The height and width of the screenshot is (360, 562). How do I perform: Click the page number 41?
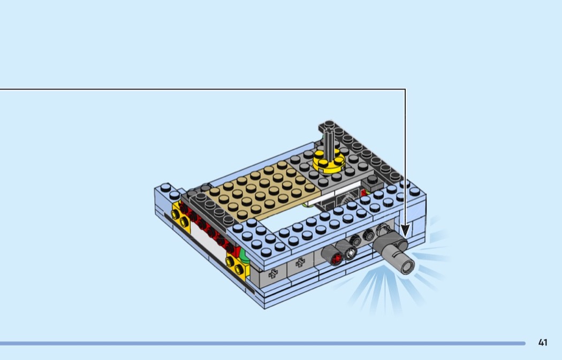543,342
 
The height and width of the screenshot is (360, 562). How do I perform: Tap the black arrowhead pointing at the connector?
405,231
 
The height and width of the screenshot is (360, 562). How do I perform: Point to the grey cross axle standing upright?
329,143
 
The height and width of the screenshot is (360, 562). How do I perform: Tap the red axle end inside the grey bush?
337,258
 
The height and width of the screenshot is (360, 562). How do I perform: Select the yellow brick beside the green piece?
237,266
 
